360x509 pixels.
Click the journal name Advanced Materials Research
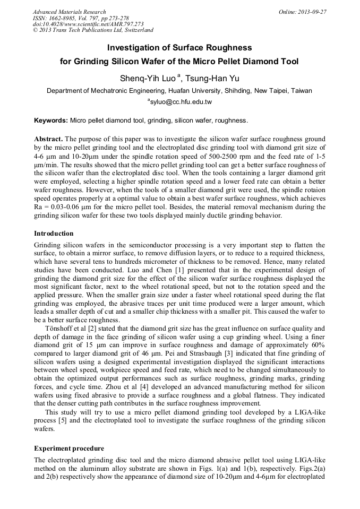tap(69, 12)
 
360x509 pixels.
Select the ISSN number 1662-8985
tap(63, 18)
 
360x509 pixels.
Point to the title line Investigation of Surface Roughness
tap(179, 48)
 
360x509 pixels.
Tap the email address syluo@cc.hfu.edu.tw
tap(181, 101)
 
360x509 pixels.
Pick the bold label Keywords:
tap(51, 120)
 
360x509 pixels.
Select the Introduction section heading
tap(54, 234)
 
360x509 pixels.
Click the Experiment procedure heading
tap(69, 448)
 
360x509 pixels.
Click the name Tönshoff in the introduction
tap(61, 328)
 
